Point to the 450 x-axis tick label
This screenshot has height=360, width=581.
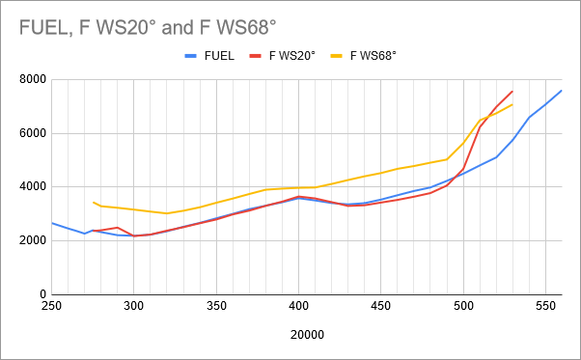pyautogui.click(x=381, y=306)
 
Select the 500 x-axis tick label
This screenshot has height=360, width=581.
pyautogui.click(x=463, y=306)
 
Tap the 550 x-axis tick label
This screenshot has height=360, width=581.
pyautogui.click(x=546, y=306)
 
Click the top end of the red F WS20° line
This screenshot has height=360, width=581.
pyautogui.click(x=512, y=92)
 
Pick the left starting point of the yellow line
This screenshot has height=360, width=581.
pyautogui.click(x=93, y=202)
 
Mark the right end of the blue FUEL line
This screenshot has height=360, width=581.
pyautogui.click(x=562, y=91)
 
